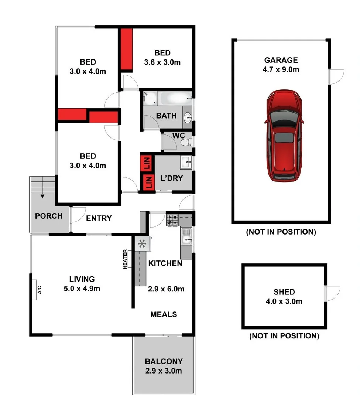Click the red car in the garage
click(x=284, y=136)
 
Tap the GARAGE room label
click(x=281, y=60)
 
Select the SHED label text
click(x=284, y=292)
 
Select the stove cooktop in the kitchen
click(x=172, y=220)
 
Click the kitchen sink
click(x=186, y=236)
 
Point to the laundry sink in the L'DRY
click(x=185, y=162)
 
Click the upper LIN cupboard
click(x=147, y=162)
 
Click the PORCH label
click(x=49, y=216)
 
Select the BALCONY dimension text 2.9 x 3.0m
click(x=163, y=371)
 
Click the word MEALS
click(x=164, y=315)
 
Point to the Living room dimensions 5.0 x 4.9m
click(x=82, y=289)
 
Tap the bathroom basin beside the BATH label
click(x=188, y=118)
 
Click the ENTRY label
click(x=99, y=218)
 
